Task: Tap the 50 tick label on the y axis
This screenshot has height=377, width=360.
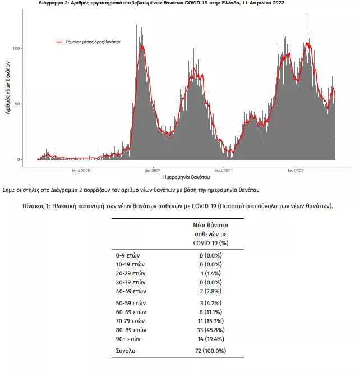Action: (18, 104)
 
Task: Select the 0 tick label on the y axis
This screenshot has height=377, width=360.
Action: (19, 159)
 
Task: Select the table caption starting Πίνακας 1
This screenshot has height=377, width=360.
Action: (178, 206)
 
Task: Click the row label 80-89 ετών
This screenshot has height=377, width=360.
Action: (131, 330)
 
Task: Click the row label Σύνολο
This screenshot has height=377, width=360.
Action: (126, 351)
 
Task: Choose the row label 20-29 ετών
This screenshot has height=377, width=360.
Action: (131, 273)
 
